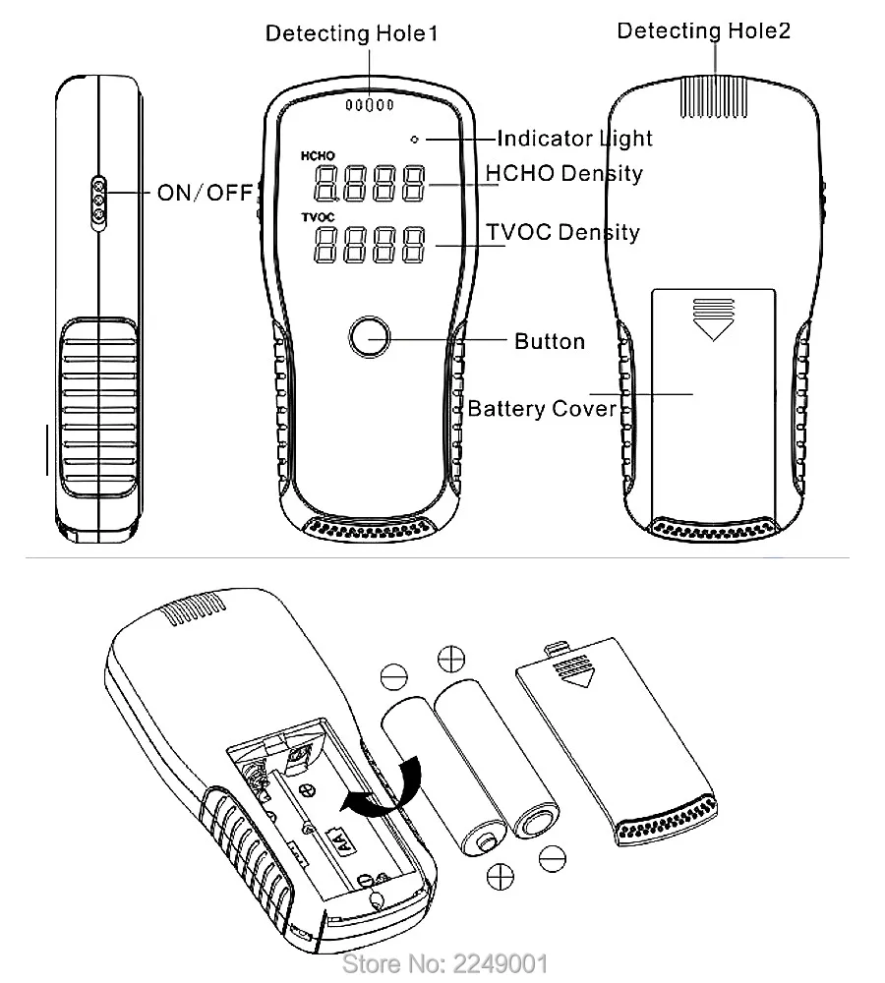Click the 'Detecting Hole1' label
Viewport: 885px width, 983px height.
[351, 33]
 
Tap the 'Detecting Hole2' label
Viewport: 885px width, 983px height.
[703, 30]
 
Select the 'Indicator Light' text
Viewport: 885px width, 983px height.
[574, 139]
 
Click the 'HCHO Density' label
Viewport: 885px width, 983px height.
[564, 174]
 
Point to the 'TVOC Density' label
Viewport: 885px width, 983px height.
[563, 233]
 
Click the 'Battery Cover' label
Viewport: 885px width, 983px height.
[542, 408]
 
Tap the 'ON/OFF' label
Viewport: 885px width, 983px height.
[205, 192]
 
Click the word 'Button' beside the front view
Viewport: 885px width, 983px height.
[550, 341]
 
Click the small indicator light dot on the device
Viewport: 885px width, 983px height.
[415, 139]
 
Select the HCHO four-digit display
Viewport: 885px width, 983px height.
[370, 184]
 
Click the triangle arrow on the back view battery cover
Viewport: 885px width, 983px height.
[713, 324]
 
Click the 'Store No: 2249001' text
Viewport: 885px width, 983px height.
[443, 962]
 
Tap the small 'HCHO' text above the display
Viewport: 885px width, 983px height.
[318, 156]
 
